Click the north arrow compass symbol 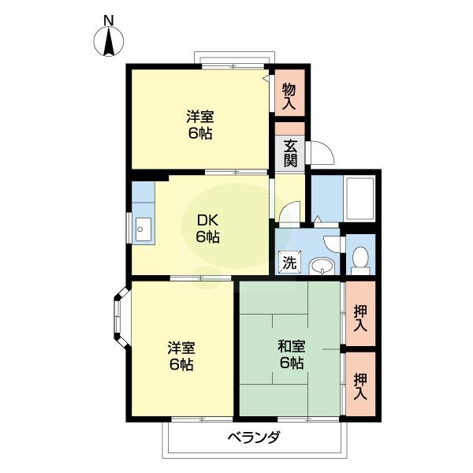pyautogui.click(x=109, y=42)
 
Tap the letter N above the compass pyautogui.click(x=109, y=20)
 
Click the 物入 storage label pyautogui.click(x=289, y=96)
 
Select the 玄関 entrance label pyautogui.click(x=290, y=153)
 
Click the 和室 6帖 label pyautogui.click(x=290, y=354)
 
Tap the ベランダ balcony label pyautogui.click(x=255, y=438)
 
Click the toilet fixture pyautogui.click(x=360, y=259)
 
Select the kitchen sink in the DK pyautogui.click(x=143, y=229)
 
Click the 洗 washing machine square pyautogui.click(x=289, y=263)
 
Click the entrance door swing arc pyautogui.click(x=322, y=151)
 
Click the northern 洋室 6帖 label pyautogui.click(x=199, y=125)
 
